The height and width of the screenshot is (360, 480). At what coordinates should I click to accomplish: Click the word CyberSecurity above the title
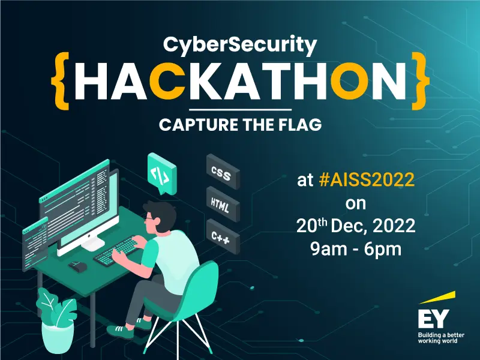pos(240,44)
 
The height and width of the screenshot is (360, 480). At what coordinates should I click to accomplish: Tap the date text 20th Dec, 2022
pos(356,226)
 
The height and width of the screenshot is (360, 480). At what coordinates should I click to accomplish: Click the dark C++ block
pos(223,236)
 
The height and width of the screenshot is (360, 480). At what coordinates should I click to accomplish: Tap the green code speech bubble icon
pos(160,173)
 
